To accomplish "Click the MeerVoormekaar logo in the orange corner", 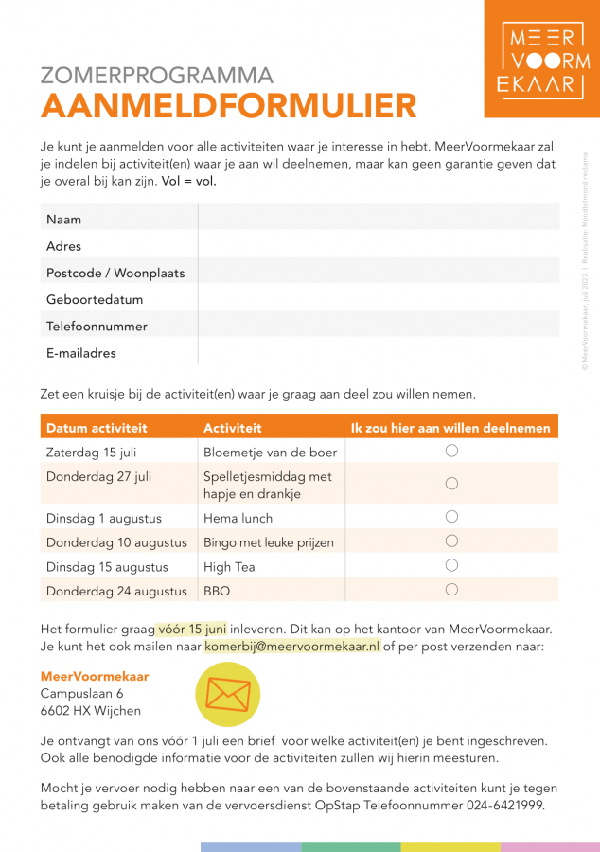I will click(542, 59).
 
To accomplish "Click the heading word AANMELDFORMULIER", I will click(229, 105).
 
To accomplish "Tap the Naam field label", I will click(63, 220).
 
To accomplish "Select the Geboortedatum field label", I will click(95, 300).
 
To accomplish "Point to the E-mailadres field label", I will click(81, 353).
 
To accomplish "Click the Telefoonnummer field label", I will click(97, 327).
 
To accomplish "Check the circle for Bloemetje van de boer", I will click(451, 452).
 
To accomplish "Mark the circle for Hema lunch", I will click(451, 517).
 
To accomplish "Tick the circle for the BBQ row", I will click(451, 590).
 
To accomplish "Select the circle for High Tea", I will click(451, 566).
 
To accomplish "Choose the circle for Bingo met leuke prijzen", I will click(451, 541).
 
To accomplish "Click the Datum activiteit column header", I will click(97, 428).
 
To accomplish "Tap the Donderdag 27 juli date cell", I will click(98, 476).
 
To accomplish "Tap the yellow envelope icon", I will click(227, 696).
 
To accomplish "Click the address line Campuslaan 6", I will click(81, 694).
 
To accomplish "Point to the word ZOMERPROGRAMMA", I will click(157, 76).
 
